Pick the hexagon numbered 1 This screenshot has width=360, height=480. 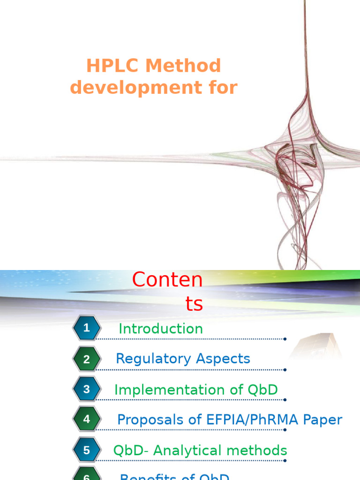pos(86,328)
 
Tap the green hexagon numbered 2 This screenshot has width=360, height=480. pos(86,360)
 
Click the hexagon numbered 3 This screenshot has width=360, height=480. pos(86,389)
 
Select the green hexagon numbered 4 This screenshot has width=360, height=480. pos(86,420)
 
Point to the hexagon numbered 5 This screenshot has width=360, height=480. pos(86,450)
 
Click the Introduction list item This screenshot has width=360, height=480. pos(161,329)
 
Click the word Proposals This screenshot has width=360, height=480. pos(146,420)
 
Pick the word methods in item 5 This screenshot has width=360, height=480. pos(257,450)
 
